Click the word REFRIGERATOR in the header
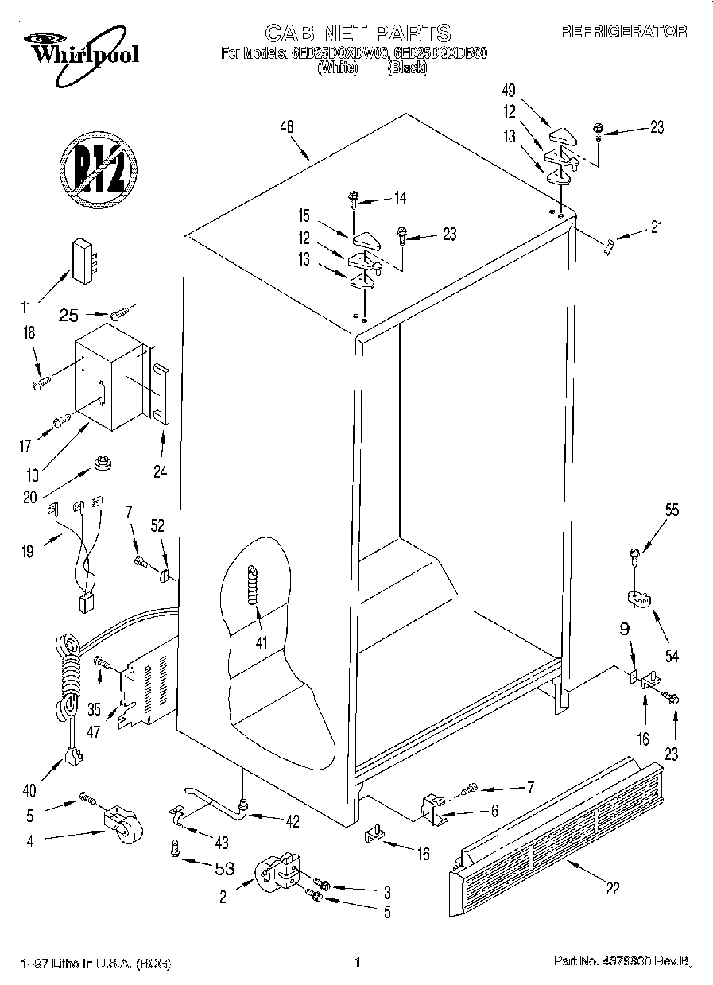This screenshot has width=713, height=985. click(624, 32)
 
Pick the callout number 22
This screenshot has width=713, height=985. click(613, 889)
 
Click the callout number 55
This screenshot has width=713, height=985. click(672, 510)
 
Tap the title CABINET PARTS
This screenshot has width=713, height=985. click(358, 33)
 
